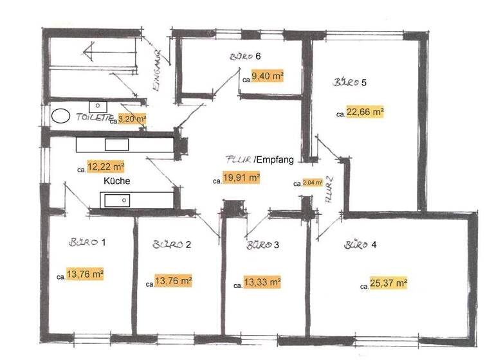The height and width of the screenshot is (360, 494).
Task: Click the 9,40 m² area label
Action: (x=268, y=76)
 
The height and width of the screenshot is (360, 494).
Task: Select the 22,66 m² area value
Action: (x=365, y=112)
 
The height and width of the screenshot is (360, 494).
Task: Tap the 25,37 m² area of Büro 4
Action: (x=388, y=283)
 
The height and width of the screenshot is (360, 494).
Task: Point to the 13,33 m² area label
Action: (x=261, y=282)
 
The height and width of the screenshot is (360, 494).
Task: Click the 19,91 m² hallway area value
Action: (x=241, y=178)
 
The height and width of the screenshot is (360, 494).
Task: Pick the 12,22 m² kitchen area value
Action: (x=106, y=166)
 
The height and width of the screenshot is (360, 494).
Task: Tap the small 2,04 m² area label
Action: (x=313, y=183)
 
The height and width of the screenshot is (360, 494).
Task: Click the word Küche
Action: (x=116, y=181)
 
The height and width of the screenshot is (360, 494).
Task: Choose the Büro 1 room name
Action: (x=86, y=242)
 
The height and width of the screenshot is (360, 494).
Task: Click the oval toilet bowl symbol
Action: (x=60, y=116)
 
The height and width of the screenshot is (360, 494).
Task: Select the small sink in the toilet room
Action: (x=98, y=105)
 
